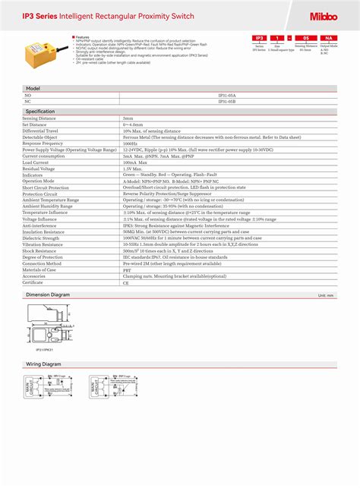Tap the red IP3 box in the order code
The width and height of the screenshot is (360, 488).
tap(260, 36)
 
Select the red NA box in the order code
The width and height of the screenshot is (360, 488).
tap(328, 36)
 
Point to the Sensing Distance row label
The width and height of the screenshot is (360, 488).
tap(39, 119)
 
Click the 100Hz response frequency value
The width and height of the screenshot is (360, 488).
tap(130, 143)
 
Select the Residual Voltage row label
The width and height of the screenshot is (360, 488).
tap(38, 168)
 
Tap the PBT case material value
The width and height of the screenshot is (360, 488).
tap(127, 269)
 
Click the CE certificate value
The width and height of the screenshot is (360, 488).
tap(126, 283)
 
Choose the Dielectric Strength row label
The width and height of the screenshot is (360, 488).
tap(41, 238)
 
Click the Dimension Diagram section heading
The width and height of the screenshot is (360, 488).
tap(48, 294)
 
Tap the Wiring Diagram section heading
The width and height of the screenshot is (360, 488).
tap(43, 364)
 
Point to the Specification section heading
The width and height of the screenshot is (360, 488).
tap(40, 112)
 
